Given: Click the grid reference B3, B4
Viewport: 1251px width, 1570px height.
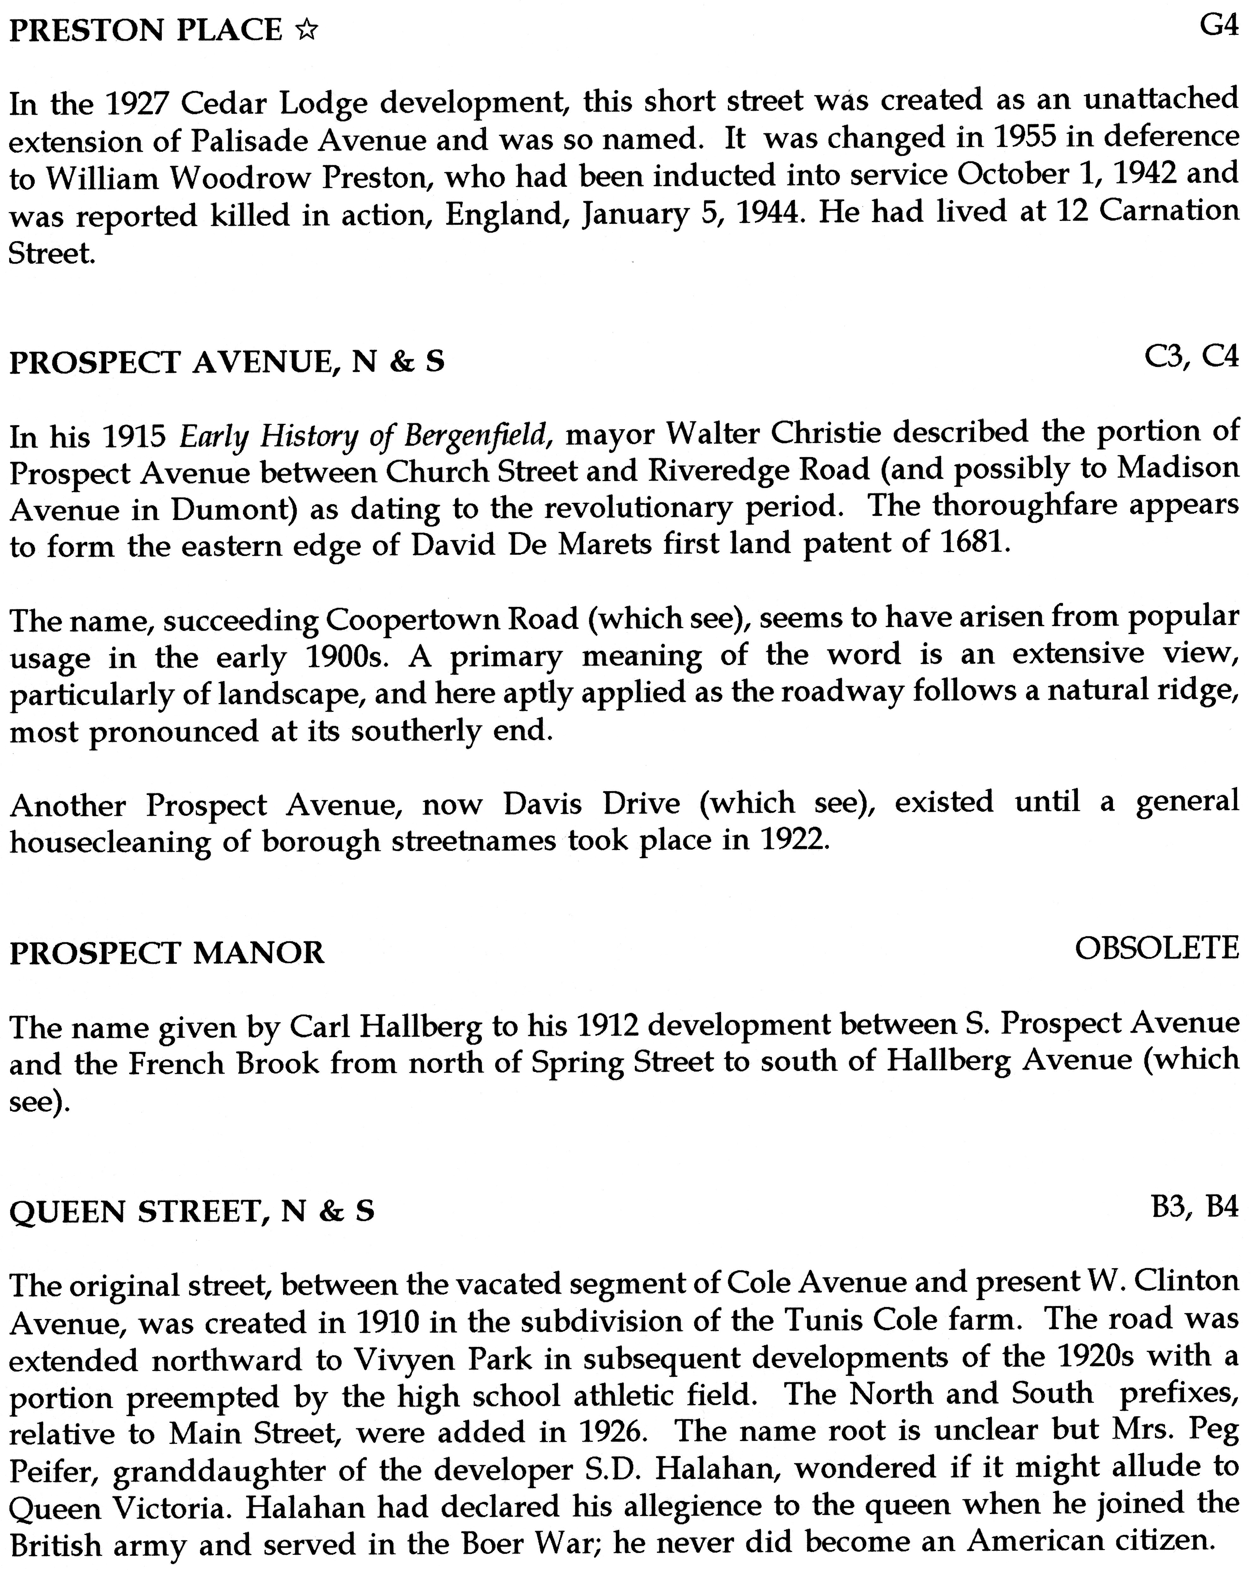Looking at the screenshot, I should pyautogui.click(x=1194, y=1207).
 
